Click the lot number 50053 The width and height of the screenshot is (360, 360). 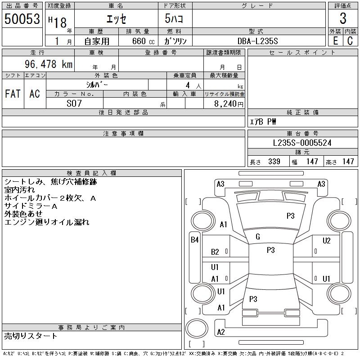(22, 19)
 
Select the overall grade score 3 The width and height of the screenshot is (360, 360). (343, 19)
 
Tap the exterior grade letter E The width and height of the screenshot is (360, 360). (335, 41)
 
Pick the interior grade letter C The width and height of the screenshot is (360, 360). (350, 41)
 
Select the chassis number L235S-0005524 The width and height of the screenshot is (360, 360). (302, 143)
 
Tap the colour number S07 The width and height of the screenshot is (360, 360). (74, 103)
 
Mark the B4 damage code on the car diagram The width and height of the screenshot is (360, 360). (194, 240)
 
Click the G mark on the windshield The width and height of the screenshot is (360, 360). (258, 237)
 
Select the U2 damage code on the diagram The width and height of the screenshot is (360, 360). (327, 240)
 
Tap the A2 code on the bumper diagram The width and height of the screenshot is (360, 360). (221, 332)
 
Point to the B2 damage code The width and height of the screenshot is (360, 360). (215, 252)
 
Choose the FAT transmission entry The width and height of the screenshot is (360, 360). (13, 94)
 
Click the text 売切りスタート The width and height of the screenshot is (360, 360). (31, 336)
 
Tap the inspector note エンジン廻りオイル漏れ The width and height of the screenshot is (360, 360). (47, 222)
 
